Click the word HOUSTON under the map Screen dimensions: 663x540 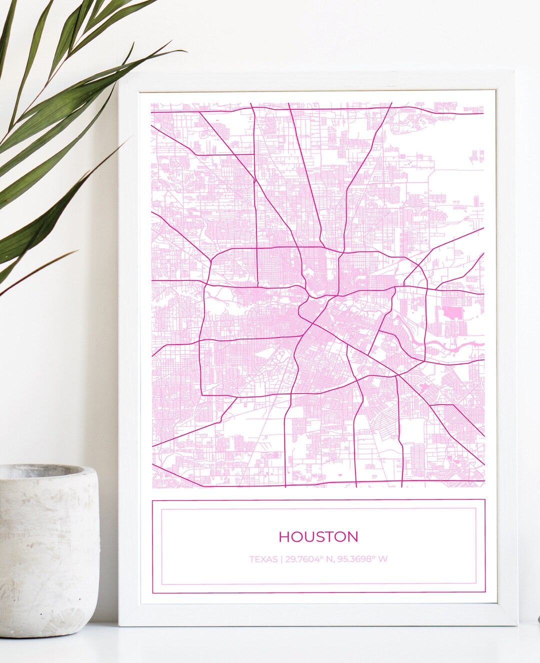pyautogui.click(x=318, y=536)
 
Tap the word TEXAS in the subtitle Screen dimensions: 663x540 pyautogui.click(x=263, y=559)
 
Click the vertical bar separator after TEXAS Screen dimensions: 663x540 pyautogui.click(x=281, y=559)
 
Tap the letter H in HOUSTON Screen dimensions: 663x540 pyautogui.click(x=284, y=536)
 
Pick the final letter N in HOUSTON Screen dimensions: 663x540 pyautogui.click(x=353, y=536)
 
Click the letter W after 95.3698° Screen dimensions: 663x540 pyautogui.click(x=382, y=559)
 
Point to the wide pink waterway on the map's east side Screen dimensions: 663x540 pyautogui.click(x=452, y=345)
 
